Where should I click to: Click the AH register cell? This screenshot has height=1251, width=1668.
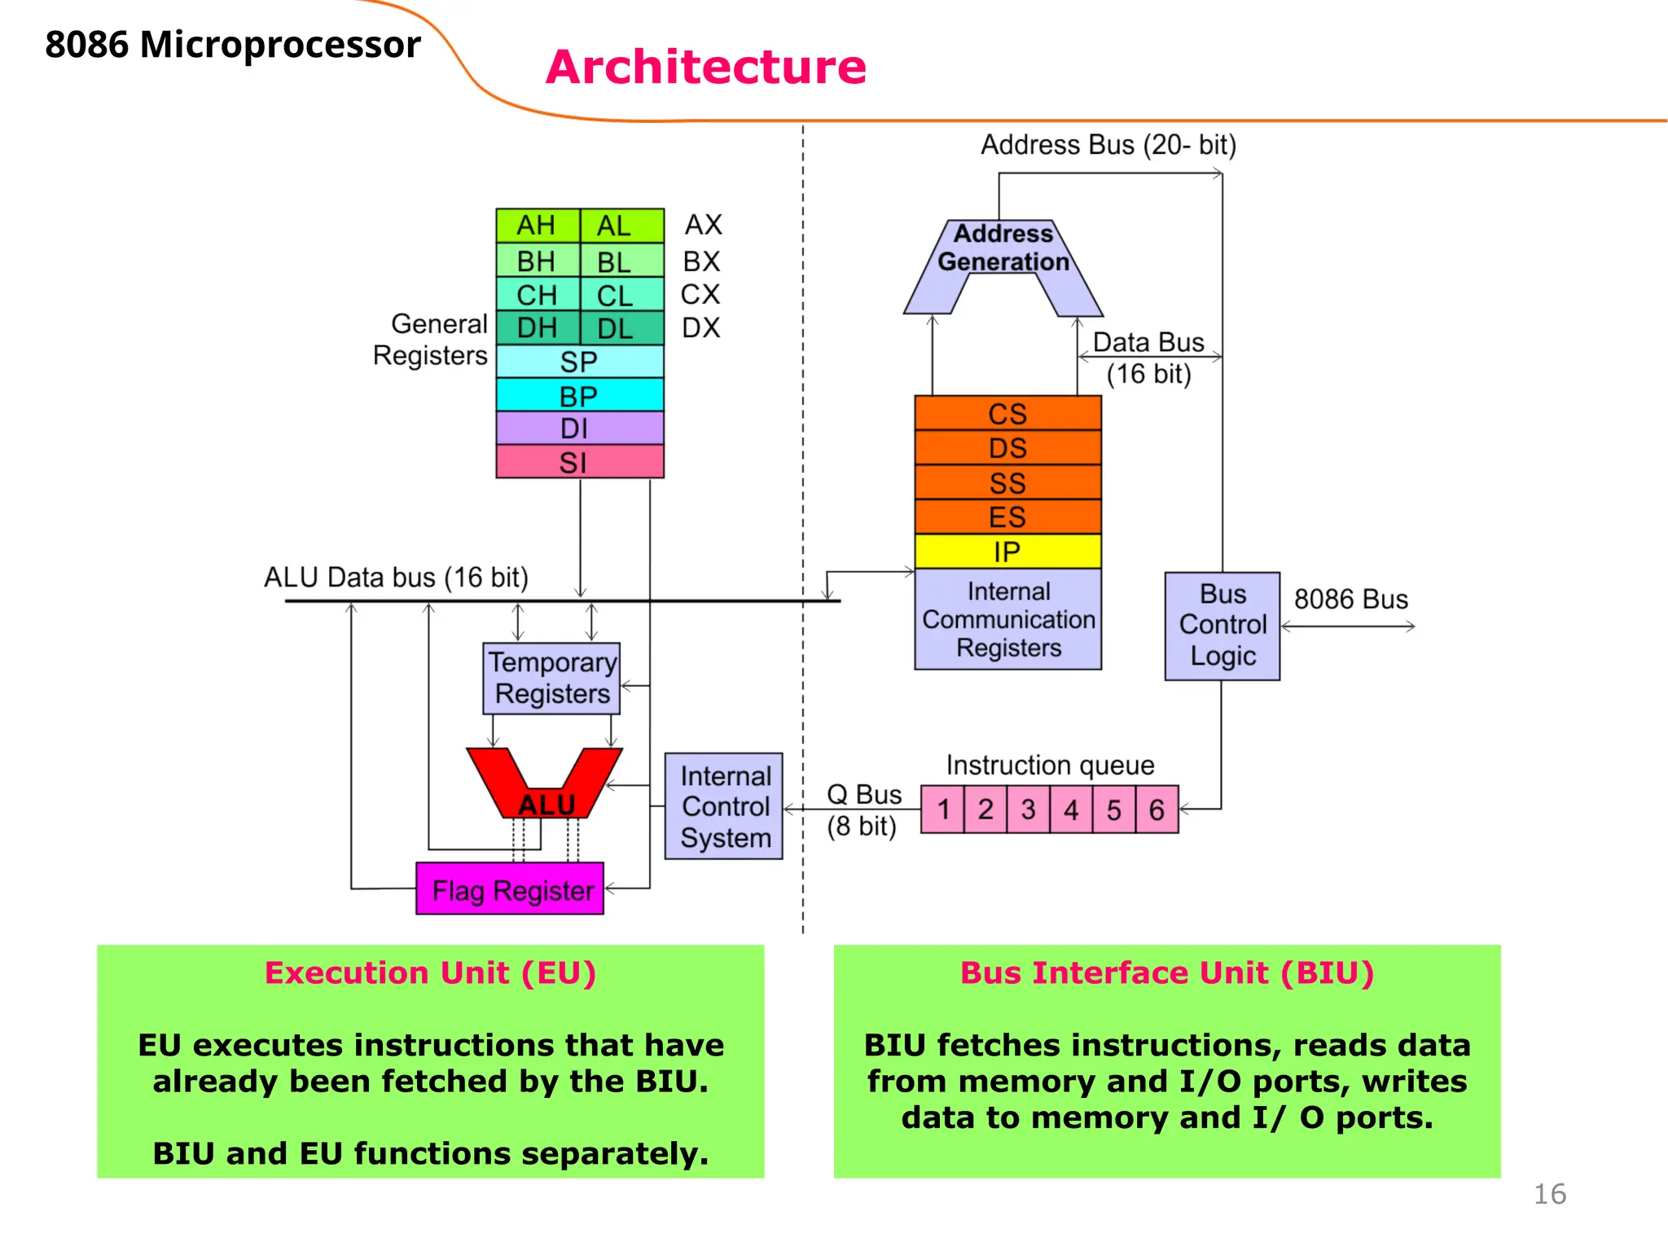pyautogui.click(x=537, y=226)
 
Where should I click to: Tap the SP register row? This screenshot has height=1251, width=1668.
pyautogui.click(x=579, y=362)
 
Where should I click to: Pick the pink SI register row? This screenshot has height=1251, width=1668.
pyautogui.click(x=579, y=462)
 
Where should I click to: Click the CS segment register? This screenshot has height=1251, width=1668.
pyautogui.click(x=1007, y=414)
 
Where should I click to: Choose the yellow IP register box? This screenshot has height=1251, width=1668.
pyautogui.click(x=1007, y=552)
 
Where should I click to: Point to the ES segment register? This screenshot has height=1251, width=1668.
pyautogui.click(x=1007, y=517)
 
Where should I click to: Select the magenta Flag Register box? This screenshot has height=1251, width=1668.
pyautogui.click(x=510, y=889)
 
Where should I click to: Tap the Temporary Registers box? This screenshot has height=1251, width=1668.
pyautogui.click(x=551, y=678)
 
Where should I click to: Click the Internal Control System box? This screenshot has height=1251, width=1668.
pyautogui.click(x=724, y=806)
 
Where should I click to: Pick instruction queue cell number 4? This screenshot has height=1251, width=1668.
pyautogui.click(x=1071, y=810)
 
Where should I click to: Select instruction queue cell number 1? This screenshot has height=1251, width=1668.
pyautogui.click(x=943, y=810)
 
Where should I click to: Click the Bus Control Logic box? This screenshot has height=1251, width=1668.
pyautogui.click(x=1222, y=625)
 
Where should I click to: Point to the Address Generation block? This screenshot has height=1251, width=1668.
pyautogui.click(x=1003, y=248)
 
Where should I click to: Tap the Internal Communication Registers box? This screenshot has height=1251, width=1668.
pyautogui.click(x=1007, y=619)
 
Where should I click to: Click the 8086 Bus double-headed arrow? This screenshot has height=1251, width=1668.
pyautogui.click(x=1348, y=626)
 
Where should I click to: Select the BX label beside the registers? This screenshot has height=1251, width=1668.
pyautogui.click(x=701, y=261)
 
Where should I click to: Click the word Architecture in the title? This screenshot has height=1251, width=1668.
pyautogui.click(x=706, y=67)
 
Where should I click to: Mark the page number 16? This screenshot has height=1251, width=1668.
pyautogui.click(x=1549, y=1194)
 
